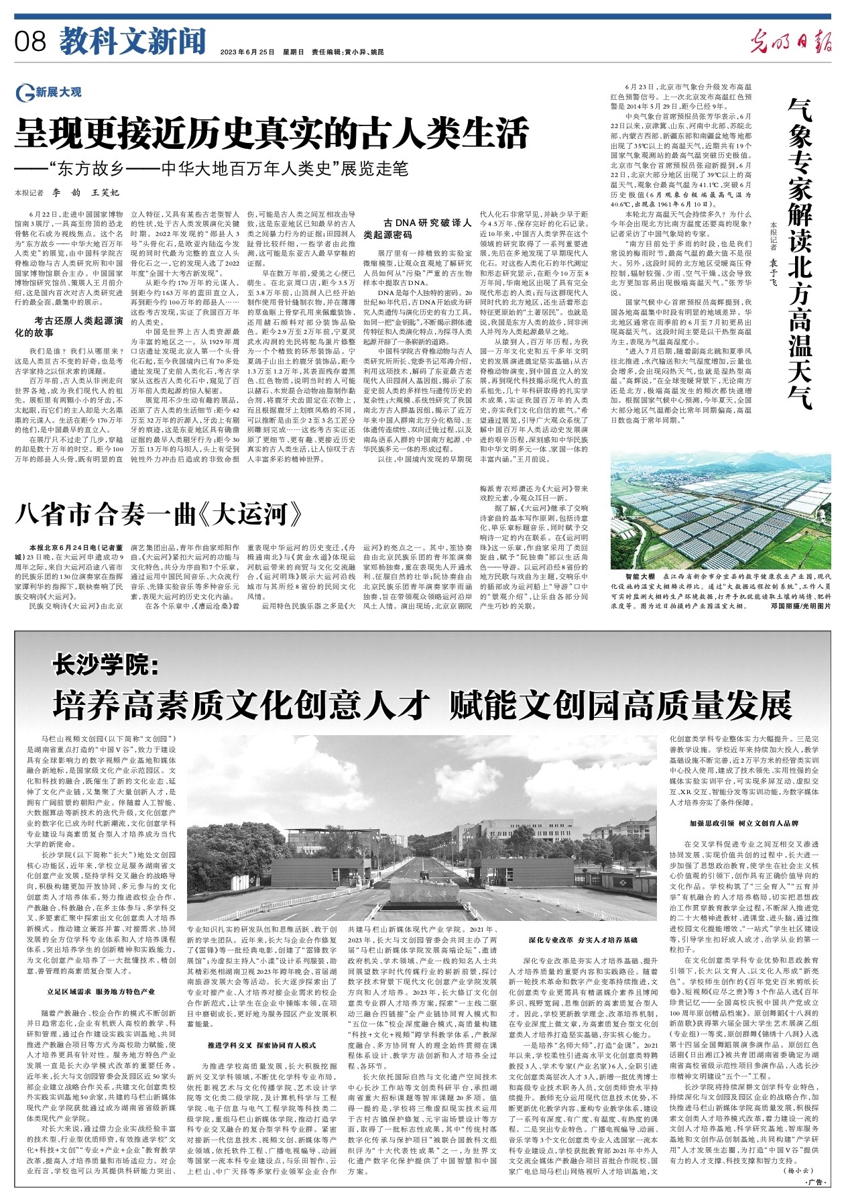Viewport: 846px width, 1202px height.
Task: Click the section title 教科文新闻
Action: (x=132, y=42)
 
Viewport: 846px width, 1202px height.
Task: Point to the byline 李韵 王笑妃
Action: (x=86, y=193)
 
